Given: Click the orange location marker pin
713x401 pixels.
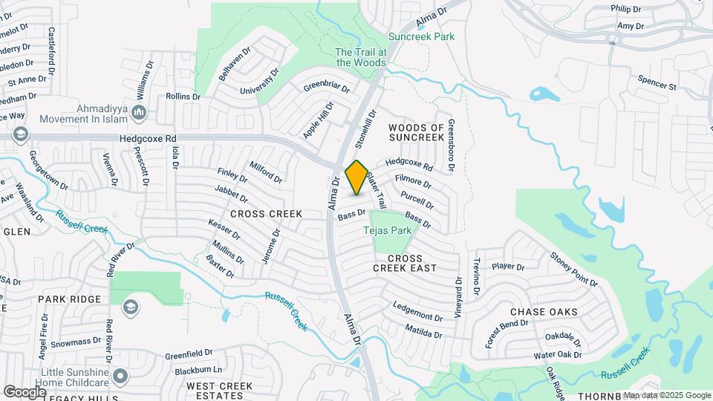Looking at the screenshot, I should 356,177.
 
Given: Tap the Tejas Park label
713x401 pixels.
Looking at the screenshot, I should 387,231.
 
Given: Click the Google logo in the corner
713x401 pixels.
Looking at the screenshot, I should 25,391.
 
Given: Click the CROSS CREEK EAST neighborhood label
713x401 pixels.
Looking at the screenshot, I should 405,262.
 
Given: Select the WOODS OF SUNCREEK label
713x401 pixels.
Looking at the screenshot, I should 416,133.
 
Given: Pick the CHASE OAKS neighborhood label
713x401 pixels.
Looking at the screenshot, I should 544,312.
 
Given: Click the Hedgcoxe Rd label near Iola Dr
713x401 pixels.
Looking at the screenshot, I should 148,139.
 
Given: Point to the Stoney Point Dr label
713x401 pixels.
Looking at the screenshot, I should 573,270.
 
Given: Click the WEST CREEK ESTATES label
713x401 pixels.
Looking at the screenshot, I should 219,391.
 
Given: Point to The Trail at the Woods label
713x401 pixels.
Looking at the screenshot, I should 361,57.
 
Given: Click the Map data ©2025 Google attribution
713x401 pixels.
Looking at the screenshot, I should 666,395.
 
